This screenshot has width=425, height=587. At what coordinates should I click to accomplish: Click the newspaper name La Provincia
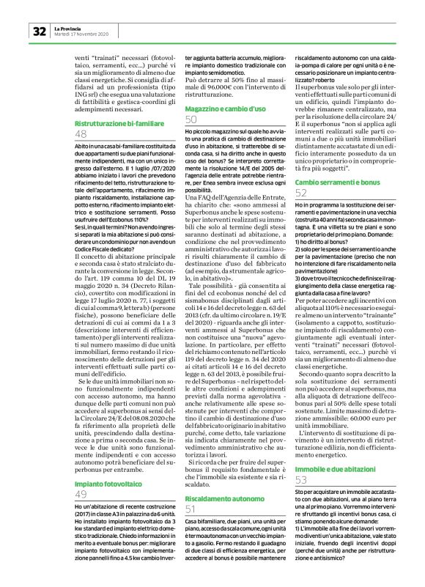[67, 27]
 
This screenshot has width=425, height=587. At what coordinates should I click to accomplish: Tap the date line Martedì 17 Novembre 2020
[81, 34]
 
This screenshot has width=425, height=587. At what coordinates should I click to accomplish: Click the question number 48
[81, 138]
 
